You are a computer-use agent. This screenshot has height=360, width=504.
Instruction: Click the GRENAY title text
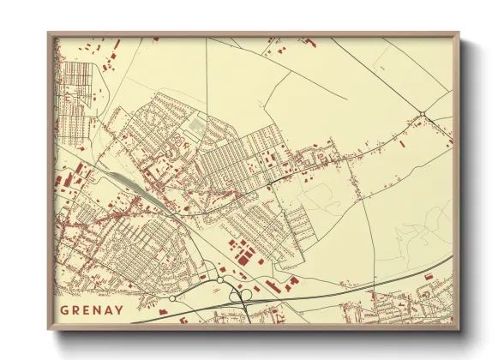(92, 309)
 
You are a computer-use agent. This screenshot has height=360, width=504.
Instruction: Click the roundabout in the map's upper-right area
(422, 114)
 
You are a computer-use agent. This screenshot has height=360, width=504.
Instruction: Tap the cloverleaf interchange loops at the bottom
(241, 296)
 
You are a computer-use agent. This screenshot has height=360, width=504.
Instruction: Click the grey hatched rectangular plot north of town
(196, 127)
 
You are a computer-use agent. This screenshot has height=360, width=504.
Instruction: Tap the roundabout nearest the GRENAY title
(172, 298)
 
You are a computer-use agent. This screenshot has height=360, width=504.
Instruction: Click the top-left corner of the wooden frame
(50, 34)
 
